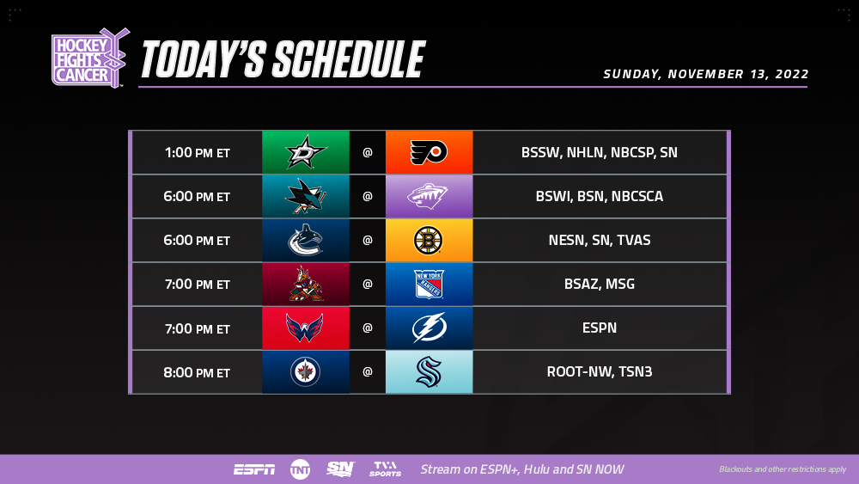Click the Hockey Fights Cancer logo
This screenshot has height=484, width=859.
(90, 58)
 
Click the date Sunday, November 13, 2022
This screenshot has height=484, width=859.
(705, 74)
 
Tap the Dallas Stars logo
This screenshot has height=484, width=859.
(306, 152)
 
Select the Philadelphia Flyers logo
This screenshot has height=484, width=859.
(429, 152)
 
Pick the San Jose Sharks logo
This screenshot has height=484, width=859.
(306, 196)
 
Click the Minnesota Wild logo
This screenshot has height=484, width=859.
(428, 196)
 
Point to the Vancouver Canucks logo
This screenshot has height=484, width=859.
(305, 240)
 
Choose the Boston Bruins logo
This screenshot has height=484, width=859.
(429, 240)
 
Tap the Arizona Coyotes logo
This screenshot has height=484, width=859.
(306, 284)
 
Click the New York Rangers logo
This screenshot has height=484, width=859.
(429, 284)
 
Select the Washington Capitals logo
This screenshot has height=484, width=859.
(305, 328)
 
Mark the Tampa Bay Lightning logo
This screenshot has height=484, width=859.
(429, 328)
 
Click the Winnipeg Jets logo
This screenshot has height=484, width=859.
(305, 371)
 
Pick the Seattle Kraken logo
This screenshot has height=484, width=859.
(429, 371)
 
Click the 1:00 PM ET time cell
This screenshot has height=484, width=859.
(198, 152)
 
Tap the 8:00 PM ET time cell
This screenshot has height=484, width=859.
(198, 372)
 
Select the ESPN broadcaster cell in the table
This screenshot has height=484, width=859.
(600, 328)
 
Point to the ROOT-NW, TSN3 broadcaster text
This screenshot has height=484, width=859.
(600, 371)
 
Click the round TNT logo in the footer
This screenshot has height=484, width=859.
(300, 469)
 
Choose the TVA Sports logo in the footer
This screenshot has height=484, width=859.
(385, 469)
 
